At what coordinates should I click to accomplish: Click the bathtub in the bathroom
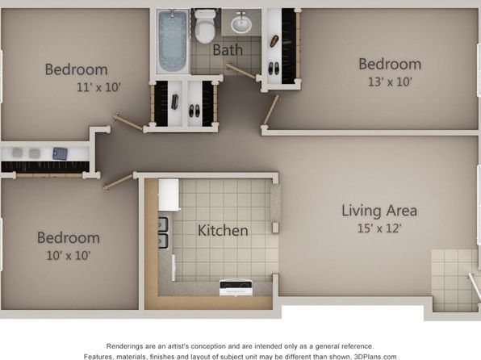click(x=173, y=41)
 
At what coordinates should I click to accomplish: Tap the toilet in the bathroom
click(x=205, y=27)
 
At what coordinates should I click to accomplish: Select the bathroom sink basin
click(x=241, y=23)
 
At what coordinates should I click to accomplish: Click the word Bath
click(x=228, y=50)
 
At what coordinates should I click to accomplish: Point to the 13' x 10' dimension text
click(x=390, y=82)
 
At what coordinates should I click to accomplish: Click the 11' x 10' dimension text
click(x=98, y=87)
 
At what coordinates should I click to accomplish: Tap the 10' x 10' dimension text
click(x=69, y=255)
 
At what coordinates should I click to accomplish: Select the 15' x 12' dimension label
click(x=379, y=228)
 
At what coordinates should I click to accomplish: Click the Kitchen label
click(x=223, y=231)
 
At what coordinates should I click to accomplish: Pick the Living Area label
click(x=379, y=211)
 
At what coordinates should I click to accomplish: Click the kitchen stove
click(x=236, y=287)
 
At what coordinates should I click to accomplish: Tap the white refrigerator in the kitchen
click(x=169, y=195)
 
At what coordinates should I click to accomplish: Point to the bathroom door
click(x=242, y=71)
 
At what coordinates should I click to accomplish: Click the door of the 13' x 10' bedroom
click(x=271, y=110)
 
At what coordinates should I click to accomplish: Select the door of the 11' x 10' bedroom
click(x=128, y=122)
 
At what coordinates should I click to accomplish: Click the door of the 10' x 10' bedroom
click(x=119, y=182)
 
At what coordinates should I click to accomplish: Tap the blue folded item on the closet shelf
click(x=60, y=153)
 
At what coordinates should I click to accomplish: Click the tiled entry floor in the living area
click(x=454, y=280)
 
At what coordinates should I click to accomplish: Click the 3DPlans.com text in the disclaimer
click(x=375, y=357)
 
